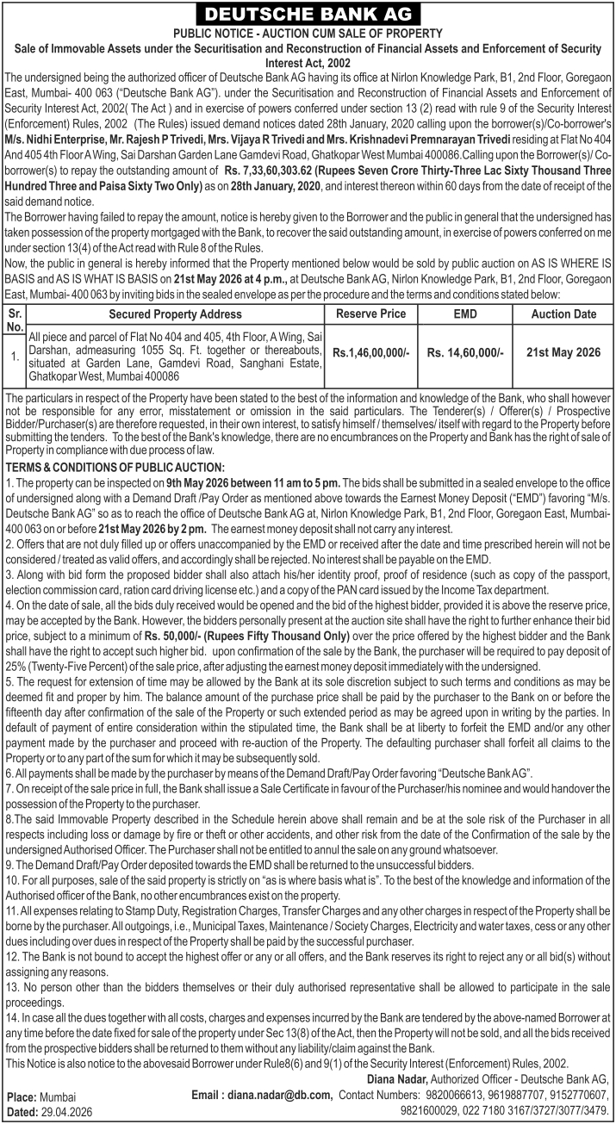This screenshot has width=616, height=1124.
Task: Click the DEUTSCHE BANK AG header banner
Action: pos(308,14)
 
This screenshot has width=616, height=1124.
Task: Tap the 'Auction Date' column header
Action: pos(563,314)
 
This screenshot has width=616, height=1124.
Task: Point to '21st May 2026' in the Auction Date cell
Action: pos(563,352)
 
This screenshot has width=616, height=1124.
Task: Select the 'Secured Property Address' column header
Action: pos(175,314)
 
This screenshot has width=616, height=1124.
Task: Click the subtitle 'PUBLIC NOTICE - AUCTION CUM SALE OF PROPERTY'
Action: pos(308,33)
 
